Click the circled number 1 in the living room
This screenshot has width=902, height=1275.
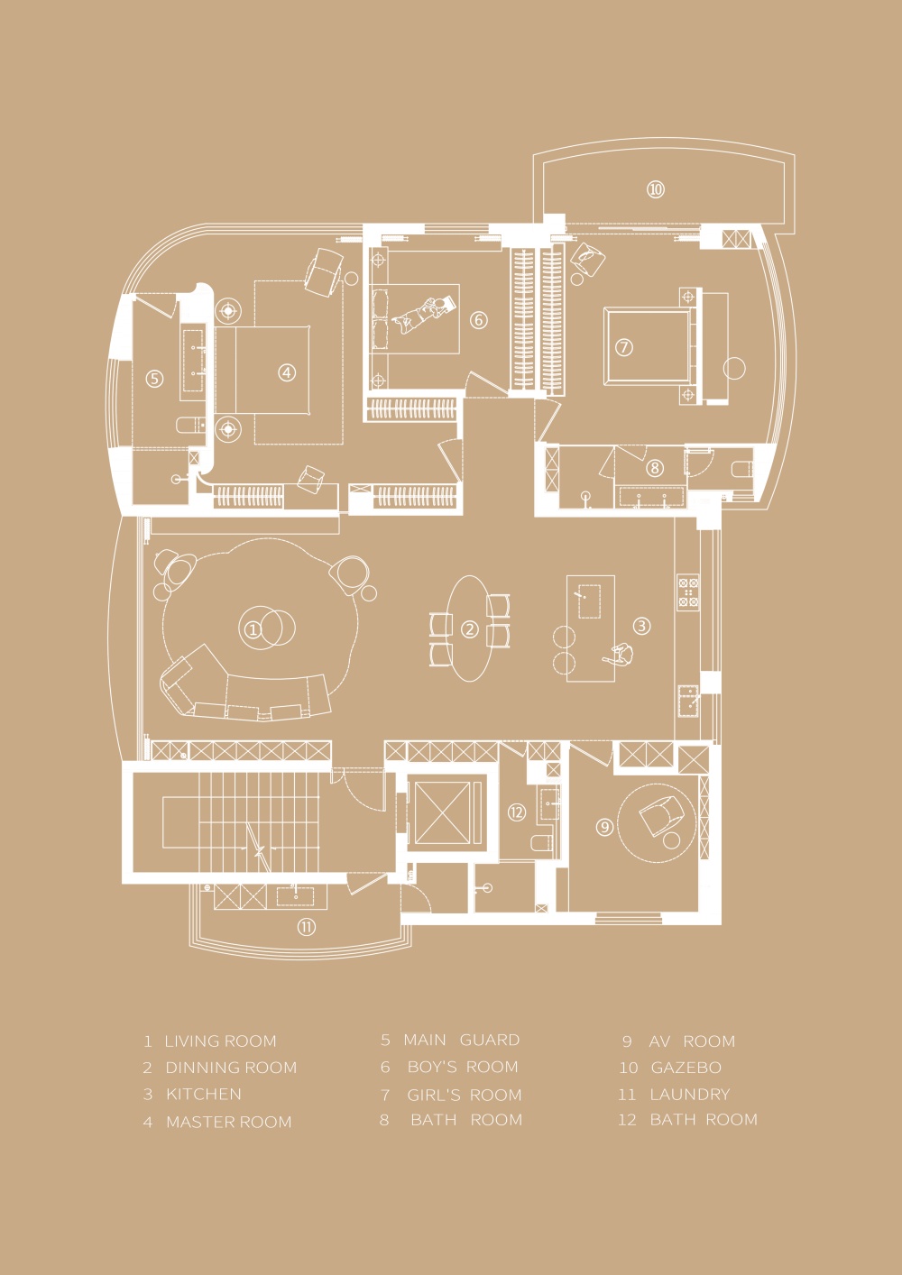[253, 629]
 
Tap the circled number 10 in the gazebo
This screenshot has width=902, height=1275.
[656, 189]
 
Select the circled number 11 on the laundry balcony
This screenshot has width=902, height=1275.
[307, 928]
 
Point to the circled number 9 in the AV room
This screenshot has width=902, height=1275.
[604, 827]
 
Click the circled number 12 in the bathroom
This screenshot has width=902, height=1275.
[517, 812]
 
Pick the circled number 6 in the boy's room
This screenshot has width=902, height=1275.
[479, 320]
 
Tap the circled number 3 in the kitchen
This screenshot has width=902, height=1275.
[641, 626]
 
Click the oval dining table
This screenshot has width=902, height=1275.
[470, 628]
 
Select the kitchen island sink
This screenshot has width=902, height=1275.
[590, 601]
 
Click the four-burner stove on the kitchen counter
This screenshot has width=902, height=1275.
[688, 592]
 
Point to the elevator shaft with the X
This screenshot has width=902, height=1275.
[443, 812]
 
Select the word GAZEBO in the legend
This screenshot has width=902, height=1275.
[686, 1068]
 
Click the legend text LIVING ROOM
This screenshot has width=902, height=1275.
[220, 1041]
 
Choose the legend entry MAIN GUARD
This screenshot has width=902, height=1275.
[462, 1040]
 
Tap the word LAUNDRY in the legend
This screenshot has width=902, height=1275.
[690, 1094]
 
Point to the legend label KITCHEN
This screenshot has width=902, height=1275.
[204, 1094]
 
